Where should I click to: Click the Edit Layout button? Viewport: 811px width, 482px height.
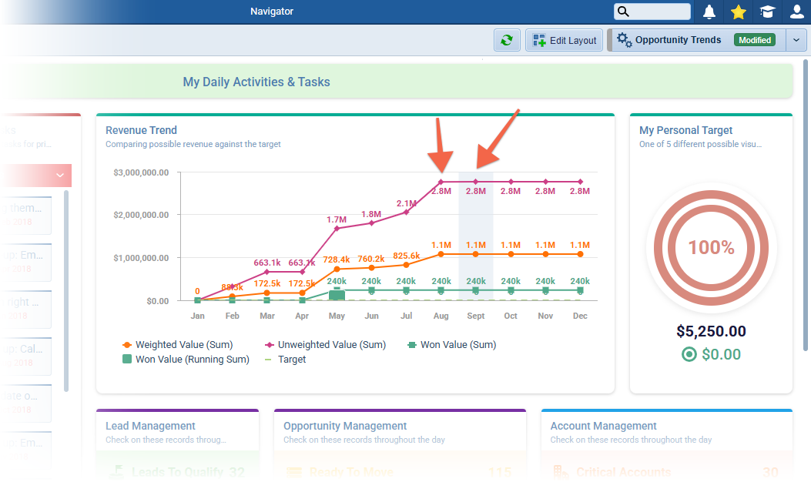coord(564,41)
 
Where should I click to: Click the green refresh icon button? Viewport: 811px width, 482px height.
coord(506,41)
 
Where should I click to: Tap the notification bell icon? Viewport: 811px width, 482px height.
coord(709,12)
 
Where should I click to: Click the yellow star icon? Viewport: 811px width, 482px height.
coord(739,12)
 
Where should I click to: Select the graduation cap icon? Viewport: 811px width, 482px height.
coord(767,12)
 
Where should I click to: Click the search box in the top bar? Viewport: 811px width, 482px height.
coord(652,12)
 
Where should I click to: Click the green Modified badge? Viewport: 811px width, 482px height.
coord(754,40)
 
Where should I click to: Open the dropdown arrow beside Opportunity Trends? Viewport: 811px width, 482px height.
coord(796,41)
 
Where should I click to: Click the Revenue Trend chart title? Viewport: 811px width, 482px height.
coord(141,130)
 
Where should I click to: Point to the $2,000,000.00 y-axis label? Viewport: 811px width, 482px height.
coord(141,214)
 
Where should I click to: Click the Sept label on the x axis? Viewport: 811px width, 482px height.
coord(475,316)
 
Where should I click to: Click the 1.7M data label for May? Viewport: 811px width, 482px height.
coord(337,219)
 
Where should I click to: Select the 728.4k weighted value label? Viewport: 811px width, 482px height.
coord(337,259)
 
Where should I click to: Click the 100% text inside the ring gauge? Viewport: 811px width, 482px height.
coord(711,247)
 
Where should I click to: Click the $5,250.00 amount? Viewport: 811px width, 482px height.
coord(711,331)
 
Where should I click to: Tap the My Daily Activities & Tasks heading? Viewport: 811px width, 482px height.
coord(256,82)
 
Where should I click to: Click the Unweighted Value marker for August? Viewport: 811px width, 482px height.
coord(441,182)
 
